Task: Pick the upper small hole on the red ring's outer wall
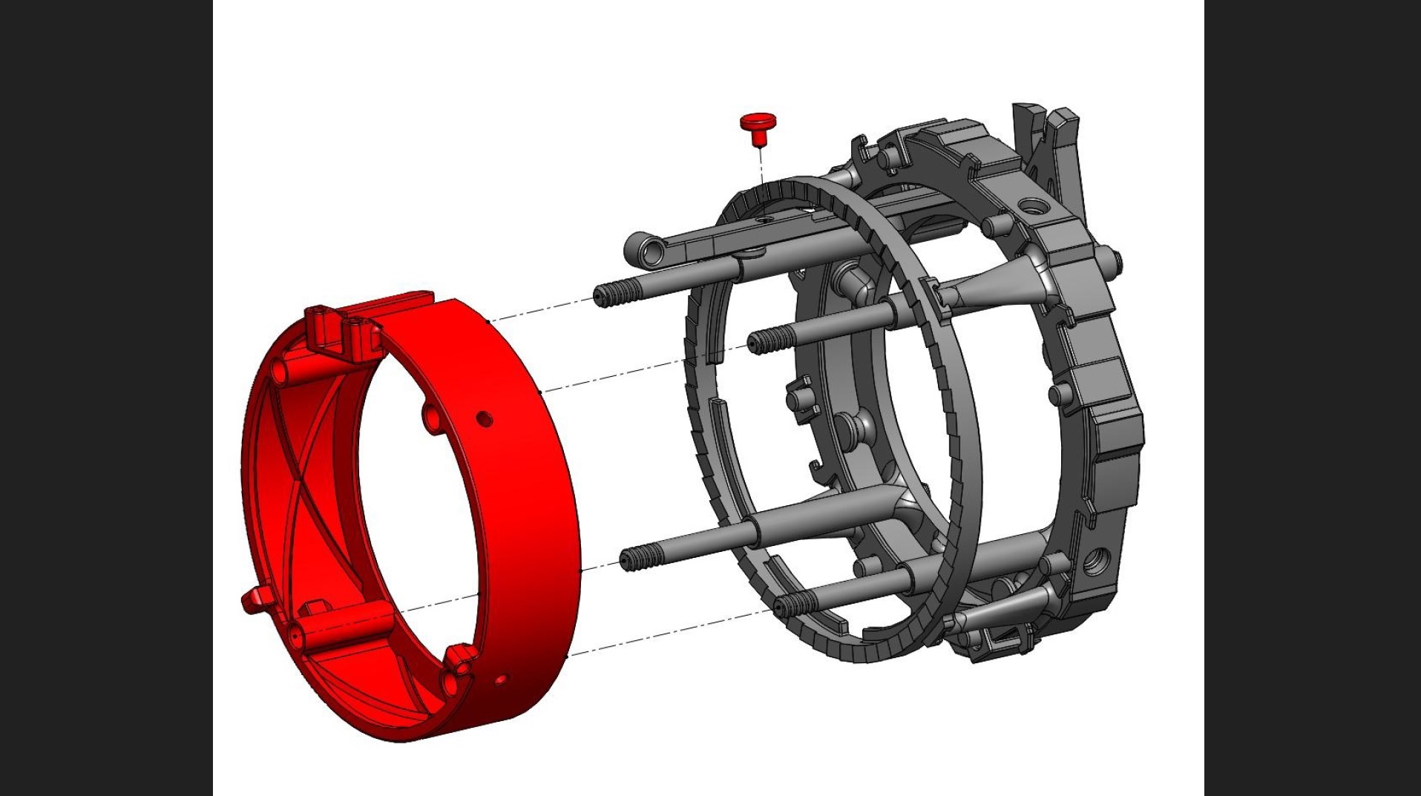[484, 419]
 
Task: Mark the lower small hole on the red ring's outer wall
[500, 679]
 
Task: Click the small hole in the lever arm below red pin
[761, 220]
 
